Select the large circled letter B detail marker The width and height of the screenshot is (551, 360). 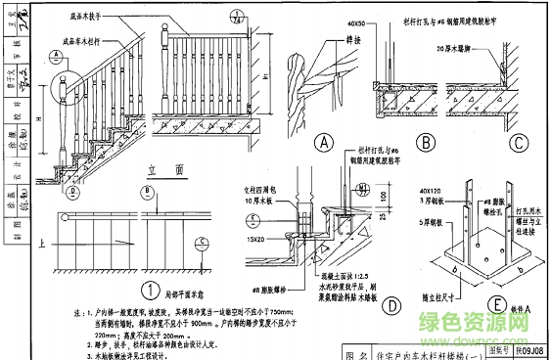426,142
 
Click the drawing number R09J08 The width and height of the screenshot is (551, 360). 531,351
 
